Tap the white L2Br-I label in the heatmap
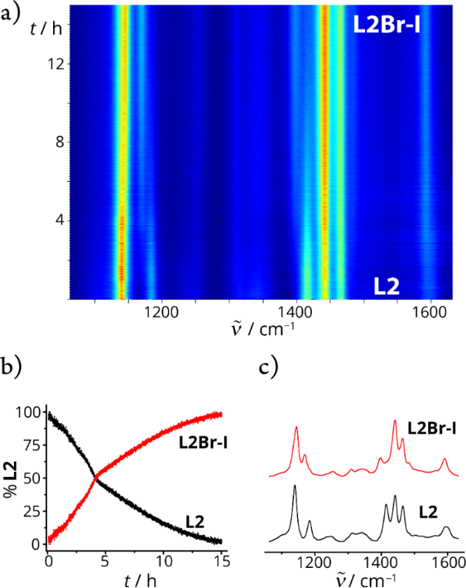[x=391, y=23]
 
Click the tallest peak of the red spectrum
[x=394, y=421]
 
